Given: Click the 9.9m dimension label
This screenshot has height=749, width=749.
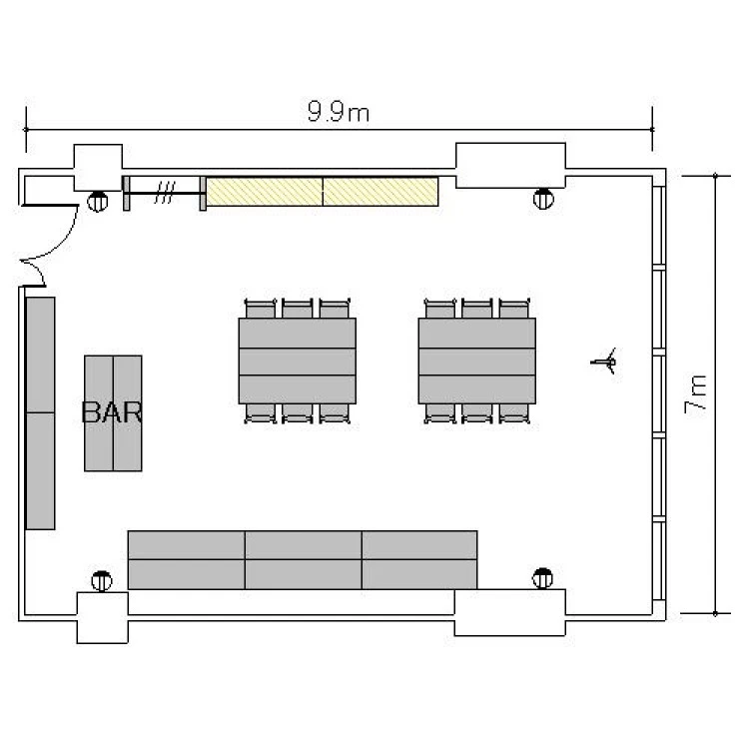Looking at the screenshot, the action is pos(339,111).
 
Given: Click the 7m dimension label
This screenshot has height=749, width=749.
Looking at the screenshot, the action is pos(695,395).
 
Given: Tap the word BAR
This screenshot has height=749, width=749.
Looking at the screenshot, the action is pos(112,411).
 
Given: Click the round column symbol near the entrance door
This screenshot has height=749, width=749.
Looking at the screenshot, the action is pos(98,201).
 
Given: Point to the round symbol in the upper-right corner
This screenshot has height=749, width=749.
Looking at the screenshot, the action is pos(543,199).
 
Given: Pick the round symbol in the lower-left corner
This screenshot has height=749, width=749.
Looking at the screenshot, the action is pos(102,581).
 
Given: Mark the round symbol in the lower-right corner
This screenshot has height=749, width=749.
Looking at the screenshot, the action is pos(542,578).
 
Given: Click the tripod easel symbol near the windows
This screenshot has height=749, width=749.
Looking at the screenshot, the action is pos(604,362).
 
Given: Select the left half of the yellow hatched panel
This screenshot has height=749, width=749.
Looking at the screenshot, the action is pos(265,192).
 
